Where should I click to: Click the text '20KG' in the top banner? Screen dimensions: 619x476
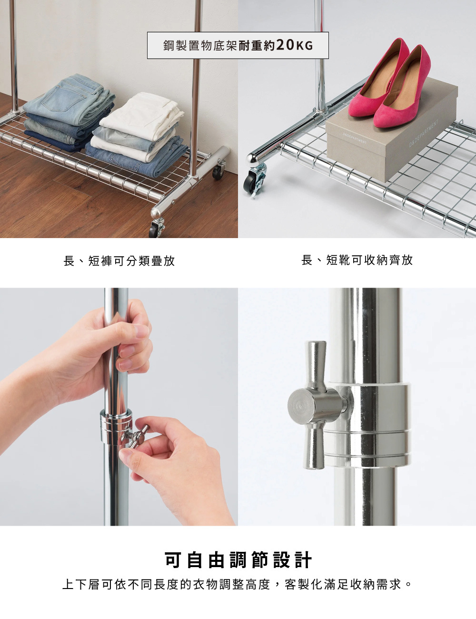(294, 46)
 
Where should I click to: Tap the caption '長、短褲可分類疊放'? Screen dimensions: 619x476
(119, 260)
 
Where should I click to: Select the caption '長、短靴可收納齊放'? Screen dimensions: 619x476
(357, 260)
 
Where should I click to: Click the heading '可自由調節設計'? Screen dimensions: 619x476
(238, 560)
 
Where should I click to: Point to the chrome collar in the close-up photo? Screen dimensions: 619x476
(378, 424)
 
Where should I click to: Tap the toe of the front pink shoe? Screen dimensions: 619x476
(381, 121)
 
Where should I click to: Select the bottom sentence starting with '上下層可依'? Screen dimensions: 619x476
(238, 584)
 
